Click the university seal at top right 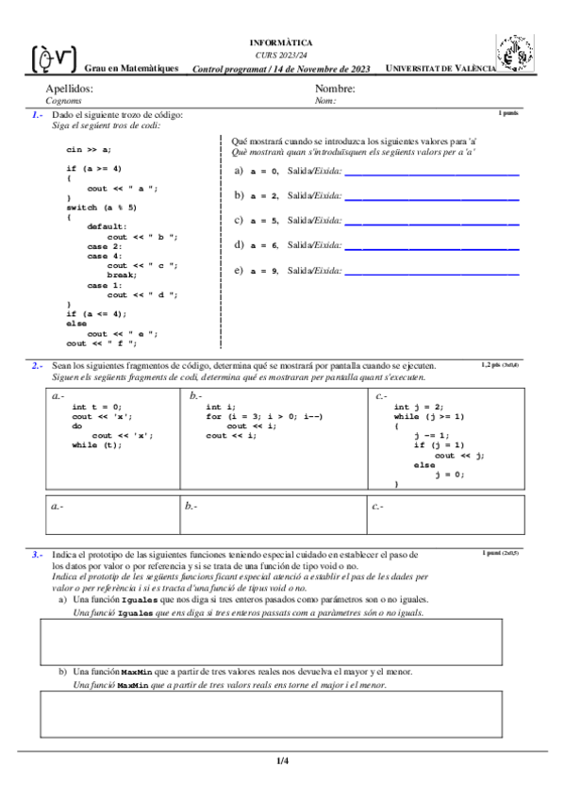pyautogui.click(x=516, y=54)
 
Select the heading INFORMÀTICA pyautogui.click(x=281, y=43)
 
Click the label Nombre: pyautogui.click(x=335, y=88)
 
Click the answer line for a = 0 pyautogui.click(x=432, y=172)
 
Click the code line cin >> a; pyautogui.click(x=89, y=149)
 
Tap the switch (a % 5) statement pyautogui.click(x=101, y=207)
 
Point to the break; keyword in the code pyautogui.click(x=123, y=275)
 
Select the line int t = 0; pyautogui.click(x=97, y=406)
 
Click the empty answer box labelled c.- pyautogui.click(x=445, y=514)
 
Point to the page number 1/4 pyautogui.click(x=282, y=760)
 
